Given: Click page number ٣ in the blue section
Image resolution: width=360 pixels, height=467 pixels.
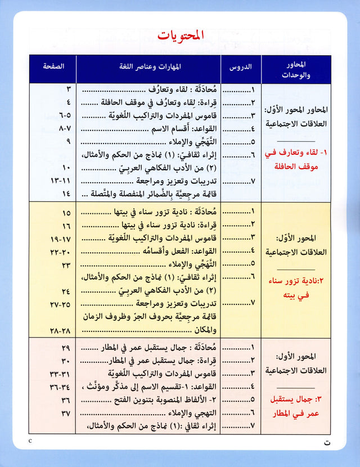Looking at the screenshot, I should click(x=68, y=89).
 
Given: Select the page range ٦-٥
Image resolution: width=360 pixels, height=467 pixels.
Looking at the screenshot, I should click(x=65, y=115).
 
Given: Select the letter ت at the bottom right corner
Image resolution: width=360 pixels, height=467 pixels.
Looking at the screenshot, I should click(x=336, y=442).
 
